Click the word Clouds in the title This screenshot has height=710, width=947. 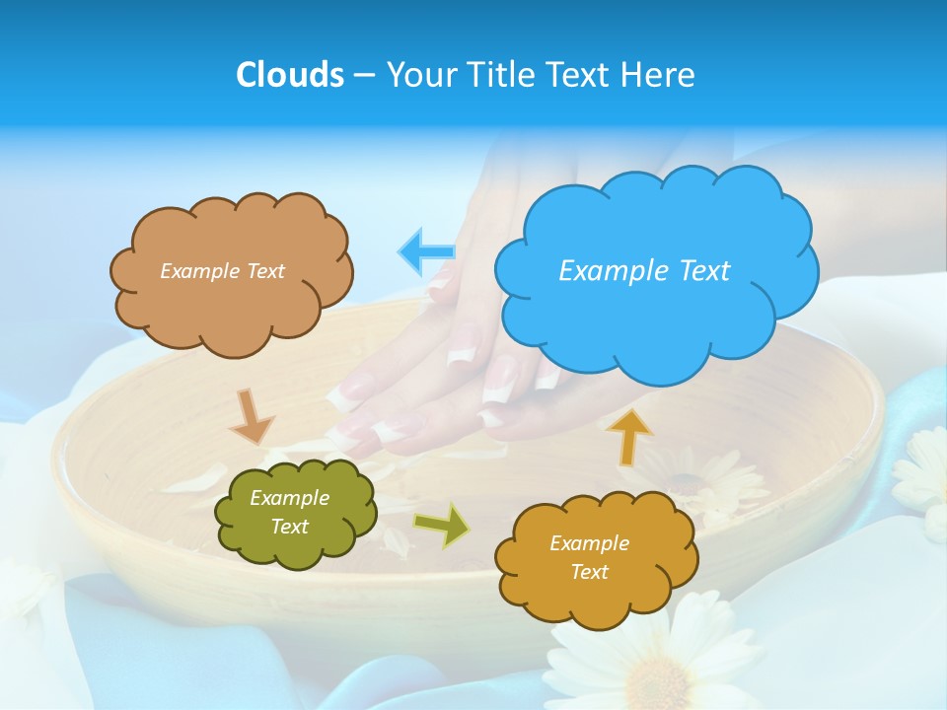point(289,75)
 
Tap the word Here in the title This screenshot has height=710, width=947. point(659,75)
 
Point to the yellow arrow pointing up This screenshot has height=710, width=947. point(628,436)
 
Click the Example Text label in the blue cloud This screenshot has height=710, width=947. point(644,270)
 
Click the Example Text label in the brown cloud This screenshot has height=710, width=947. point(222,270)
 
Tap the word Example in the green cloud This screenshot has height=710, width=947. point(289,498)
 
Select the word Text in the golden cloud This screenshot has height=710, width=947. point(589,572)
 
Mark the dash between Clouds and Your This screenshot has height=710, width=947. point(364,76)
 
